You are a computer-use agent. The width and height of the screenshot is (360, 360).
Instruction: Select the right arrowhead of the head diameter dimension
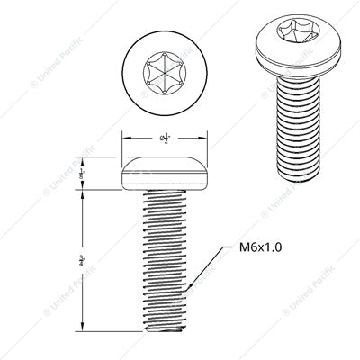206,138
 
